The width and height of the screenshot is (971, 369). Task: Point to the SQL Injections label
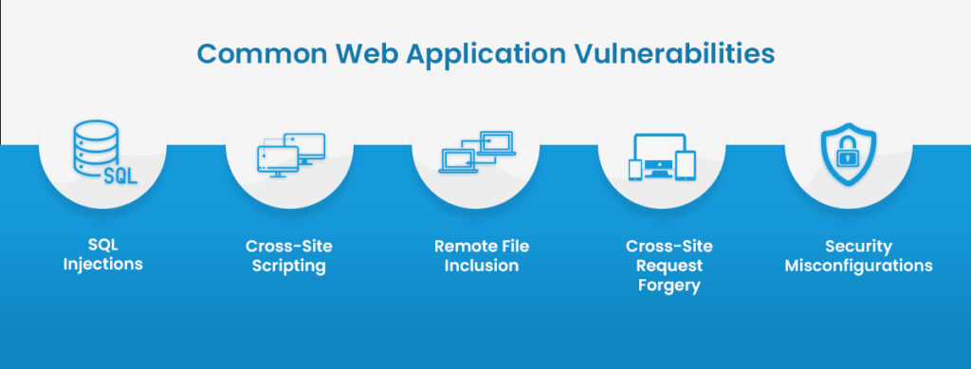102,255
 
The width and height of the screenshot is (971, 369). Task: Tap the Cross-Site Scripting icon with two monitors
290,155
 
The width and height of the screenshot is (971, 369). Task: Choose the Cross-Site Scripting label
289,256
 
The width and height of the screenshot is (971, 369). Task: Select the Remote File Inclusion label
482,256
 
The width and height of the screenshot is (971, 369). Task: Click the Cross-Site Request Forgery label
669,266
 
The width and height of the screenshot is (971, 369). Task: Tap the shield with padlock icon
848,154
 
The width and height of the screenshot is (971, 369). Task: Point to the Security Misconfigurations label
857,256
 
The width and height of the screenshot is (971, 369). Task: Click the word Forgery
669,286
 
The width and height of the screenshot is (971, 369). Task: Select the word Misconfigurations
857,266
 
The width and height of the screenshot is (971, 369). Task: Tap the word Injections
102,265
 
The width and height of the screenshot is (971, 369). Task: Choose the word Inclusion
482,266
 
